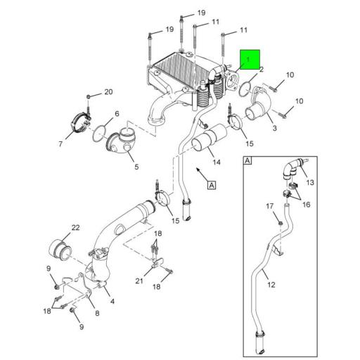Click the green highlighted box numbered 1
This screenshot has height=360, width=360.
pyautogui.click(x=250, y=59)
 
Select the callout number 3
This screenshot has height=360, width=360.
pyautogui.click(x=274, y=129)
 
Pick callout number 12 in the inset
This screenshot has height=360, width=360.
pyautogui.click(x=271, y=285)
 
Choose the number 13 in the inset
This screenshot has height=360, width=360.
pyautogui.click(x=310, y=181)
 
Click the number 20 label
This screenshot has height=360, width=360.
pyautogui.click(x=108, y=92)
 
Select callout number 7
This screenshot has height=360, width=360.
pyautogui.click(x=61, y=144)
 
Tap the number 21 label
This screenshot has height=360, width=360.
pyautogui.click(x=139, y=281)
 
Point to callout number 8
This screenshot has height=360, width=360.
pyautogui.click(x=96, y=313)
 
